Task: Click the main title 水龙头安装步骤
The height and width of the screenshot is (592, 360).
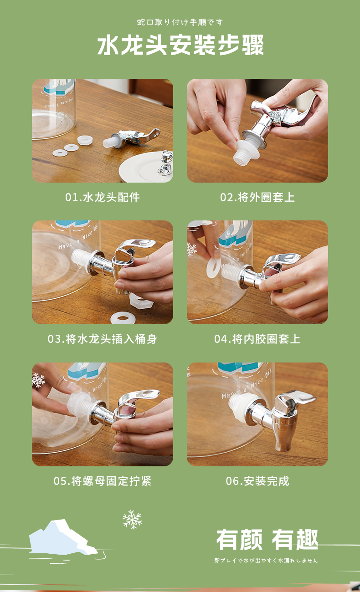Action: point(180,45)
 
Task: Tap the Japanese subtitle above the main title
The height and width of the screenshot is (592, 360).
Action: point(180,22)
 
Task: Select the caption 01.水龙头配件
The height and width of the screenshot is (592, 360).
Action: point(103,197)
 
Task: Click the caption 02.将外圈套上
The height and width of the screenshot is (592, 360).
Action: point(257,197)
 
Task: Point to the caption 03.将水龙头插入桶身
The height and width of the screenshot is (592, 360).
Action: point(103,339)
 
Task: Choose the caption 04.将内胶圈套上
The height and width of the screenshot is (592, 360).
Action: point(257,339)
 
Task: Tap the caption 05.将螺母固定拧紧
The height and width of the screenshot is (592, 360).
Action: point(103,481)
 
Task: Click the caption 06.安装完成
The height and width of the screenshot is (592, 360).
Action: point(257,481)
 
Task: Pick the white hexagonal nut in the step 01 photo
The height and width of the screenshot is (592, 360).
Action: point(85,140)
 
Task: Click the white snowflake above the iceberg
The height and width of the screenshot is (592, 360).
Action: point(132,520)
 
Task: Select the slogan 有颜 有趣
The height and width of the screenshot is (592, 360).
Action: point(267,540)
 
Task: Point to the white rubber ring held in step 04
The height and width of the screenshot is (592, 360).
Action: point(214,268)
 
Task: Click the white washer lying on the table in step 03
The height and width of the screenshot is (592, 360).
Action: point(123,318)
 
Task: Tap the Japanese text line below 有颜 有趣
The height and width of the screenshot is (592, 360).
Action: point(266,561)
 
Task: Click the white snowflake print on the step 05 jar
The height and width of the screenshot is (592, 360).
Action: point(38,380)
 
